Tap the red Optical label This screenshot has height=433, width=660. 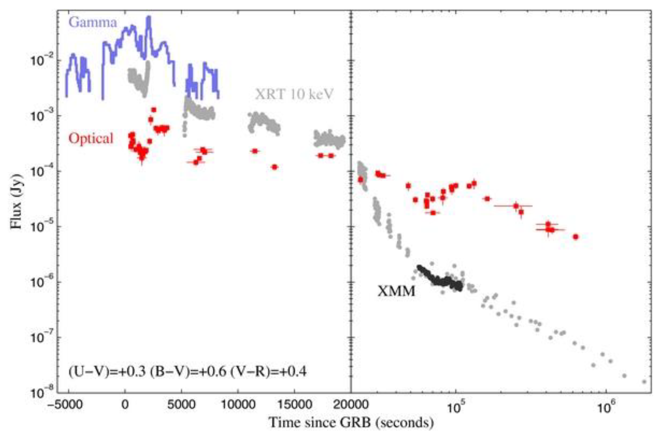click(91, 138)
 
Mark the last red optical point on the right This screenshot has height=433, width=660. click(576, 237)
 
